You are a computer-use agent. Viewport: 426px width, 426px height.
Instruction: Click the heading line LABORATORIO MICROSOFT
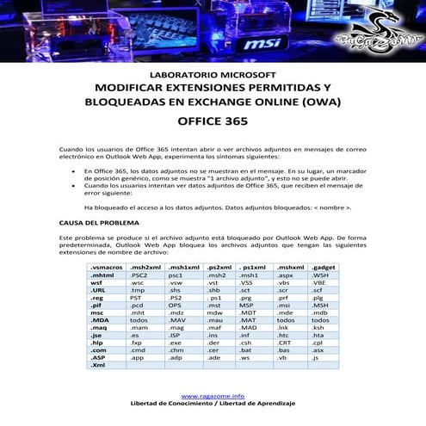(213, 75)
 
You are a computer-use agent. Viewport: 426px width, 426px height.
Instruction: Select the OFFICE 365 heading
(213, 122)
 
